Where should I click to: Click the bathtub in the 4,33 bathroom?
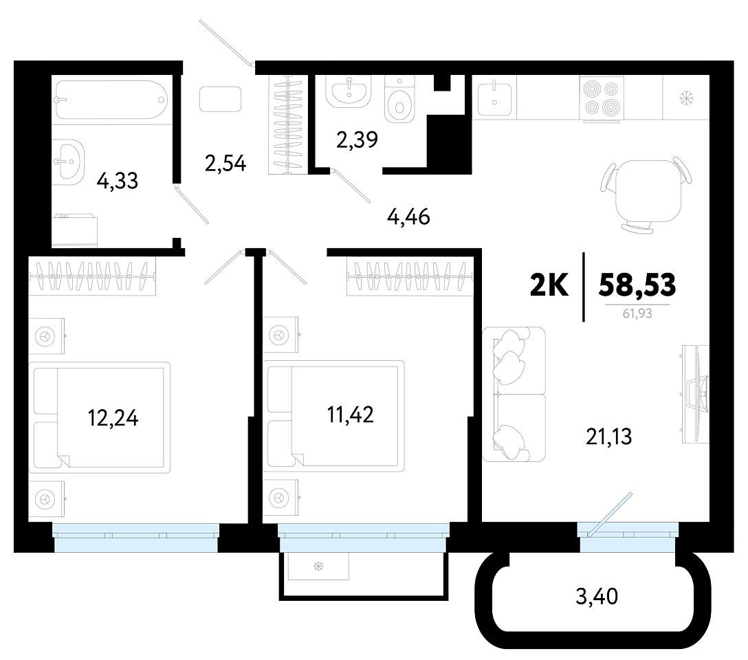(111, 100)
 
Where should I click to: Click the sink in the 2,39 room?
(349, 91)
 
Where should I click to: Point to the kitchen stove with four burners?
(600, 99)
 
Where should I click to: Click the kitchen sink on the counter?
(495, 98)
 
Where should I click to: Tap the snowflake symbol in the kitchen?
(686, 99)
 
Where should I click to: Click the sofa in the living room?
(514, 394)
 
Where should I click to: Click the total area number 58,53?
(637, 285)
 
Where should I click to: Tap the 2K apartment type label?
(549, 285)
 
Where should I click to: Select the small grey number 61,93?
(637, 313)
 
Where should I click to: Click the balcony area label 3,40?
(597, 596)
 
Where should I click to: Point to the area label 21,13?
(608, 437)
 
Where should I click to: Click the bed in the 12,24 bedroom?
(99, 417)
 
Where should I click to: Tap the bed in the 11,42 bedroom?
(333, 416)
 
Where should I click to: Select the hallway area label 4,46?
(408, 217)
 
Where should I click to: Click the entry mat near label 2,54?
(221, 99)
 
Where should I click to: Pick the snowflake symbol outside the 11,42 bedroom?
(318, 566)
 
